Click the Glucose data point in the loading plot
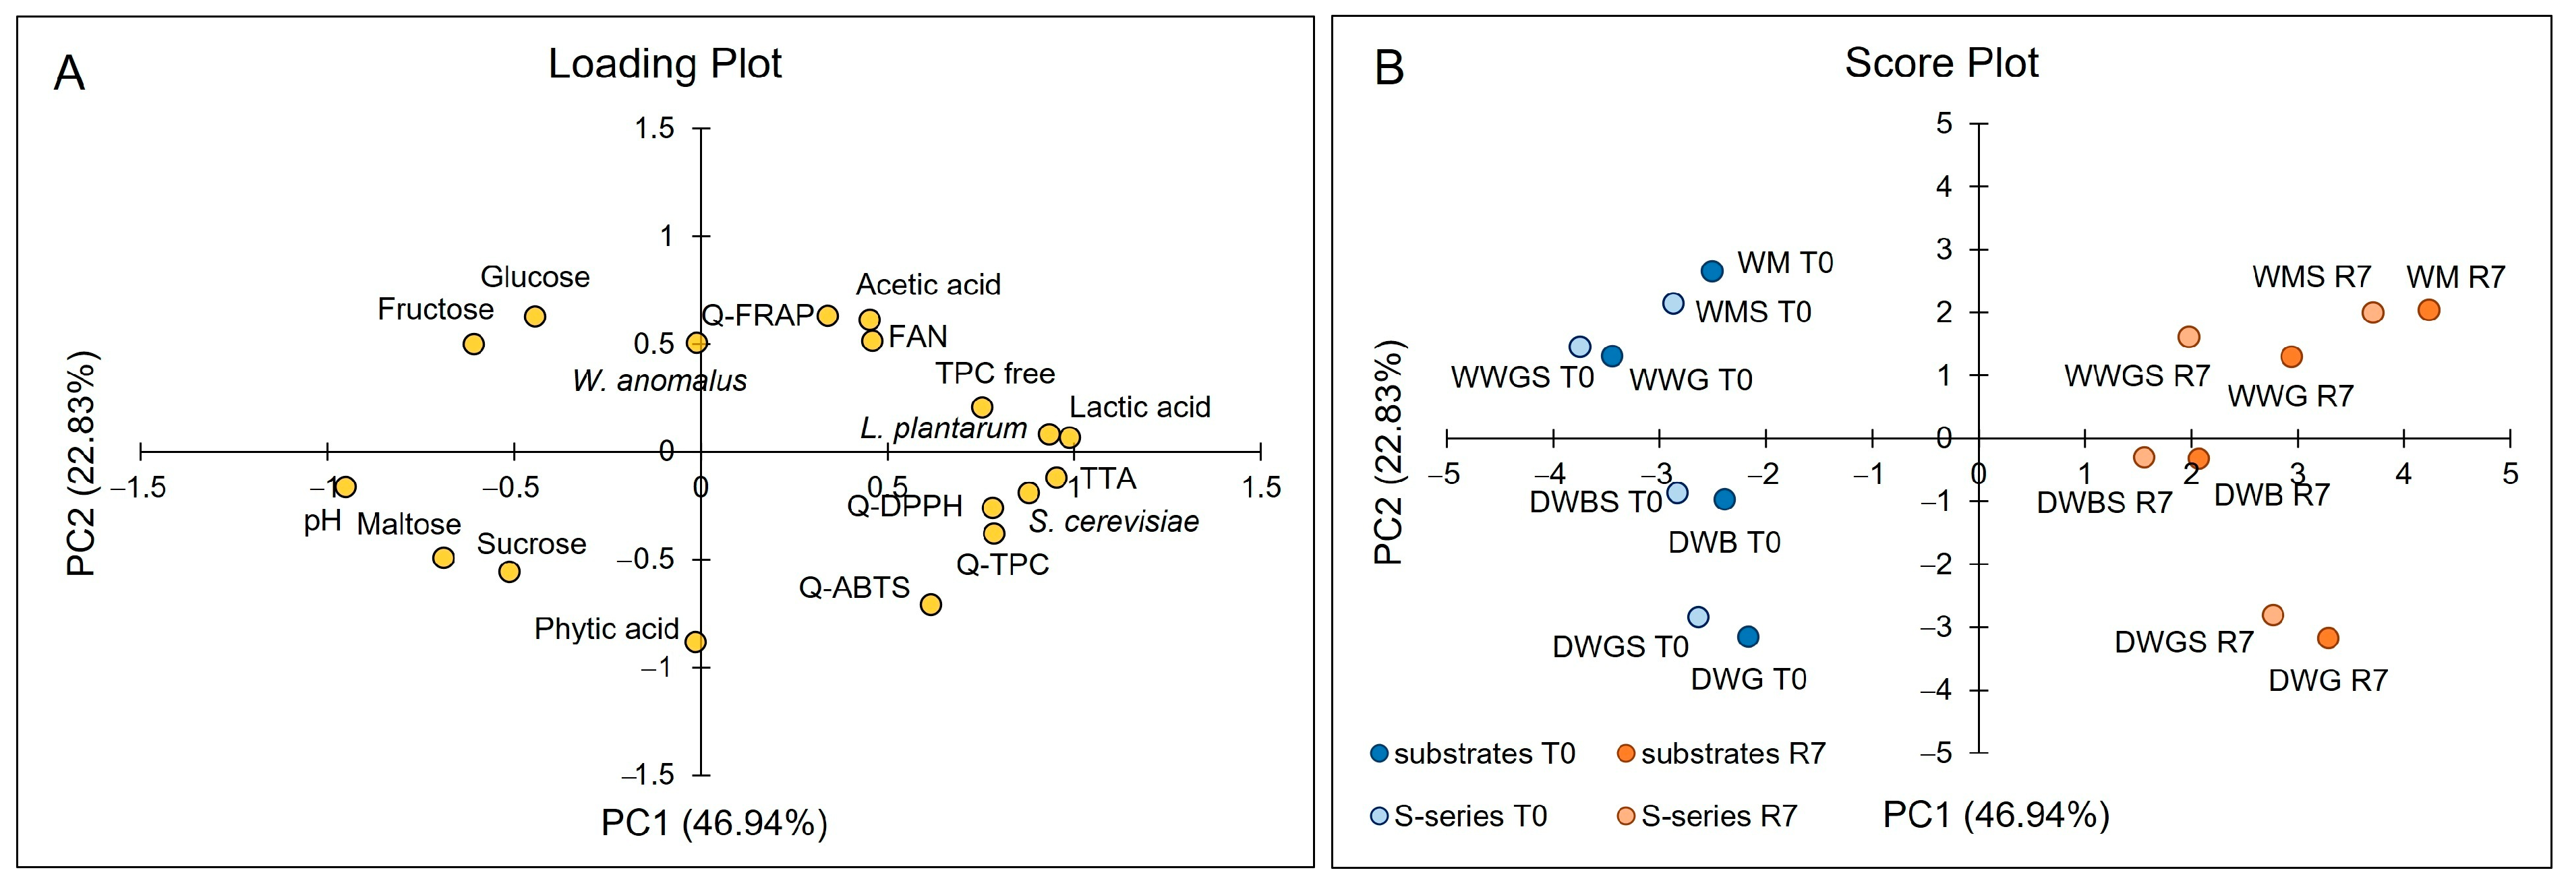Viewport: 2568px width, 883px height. click(x=535, y=317)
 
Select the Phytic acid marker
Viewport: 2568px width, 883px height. click(x=696, y=642)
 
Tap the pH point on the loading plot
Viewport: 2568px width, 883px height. click(x=345, y=487)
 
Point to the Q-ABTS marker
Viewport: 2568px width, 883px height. click(x=930, y=604)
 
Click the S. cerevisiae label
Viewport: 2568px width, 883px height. click(x=1113, y=521)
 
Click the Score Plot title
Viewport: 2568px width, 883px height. click(x=1941, y=63)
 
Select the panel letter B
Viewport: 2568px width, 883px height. click(x=1389, y=69)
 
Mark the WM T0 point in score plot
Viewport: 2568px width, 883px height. click(x=1712, y=271)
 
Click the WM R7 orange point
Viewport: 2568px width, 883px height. click(x=2428, y=310)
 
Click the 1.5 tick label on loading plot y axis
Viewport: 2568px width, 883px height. click(x=655, y=129)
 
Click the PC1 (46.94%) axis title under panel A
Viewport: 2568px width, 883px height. click(x=713, y=823)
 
